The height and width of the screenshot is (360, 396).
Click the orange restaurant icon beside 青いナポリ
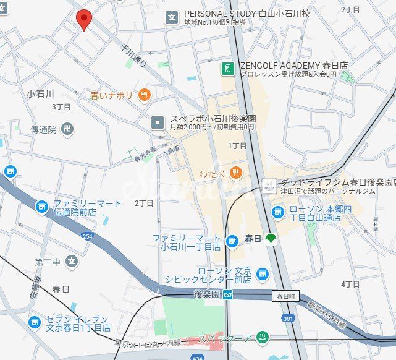[x=145, y=95]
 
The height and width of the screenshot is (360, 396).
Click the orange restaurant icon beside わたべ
[x=235, y=171]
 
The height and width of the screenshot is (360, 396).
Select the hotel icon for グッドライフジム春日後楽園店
[x=269, y=184]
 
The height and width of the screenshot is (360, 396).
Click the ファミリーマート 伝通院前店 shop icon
[x=41, y=207]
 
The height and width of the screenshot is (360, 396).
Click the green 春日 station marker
[x=270, y=238]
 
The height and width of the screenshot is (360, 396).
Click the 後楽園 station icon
[x=229, y=294]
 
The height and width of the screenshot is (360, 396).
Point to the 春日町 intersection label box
[x=284, y=296]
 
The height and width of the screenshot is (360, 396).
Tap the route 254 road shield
[x=86, y=236]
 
